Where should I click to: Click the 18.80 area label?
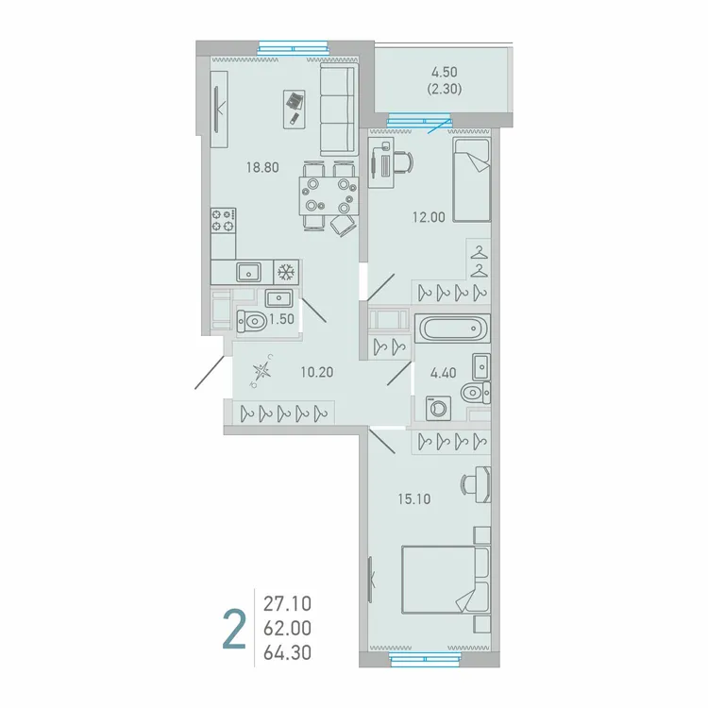coord(261,167)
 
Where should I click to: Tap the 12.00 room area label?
coord(428,216)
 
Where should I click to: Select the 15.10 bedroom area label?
coord(414,499)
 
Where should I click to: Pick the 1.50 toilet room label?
coord(281,321)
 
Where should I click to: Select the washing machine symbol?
coord(440,408)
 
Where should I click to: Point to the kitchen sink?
coord(249,272)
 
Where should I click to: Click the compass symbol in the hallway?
coord(262,371)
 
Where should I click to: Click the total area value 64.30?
coord(289,650)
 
